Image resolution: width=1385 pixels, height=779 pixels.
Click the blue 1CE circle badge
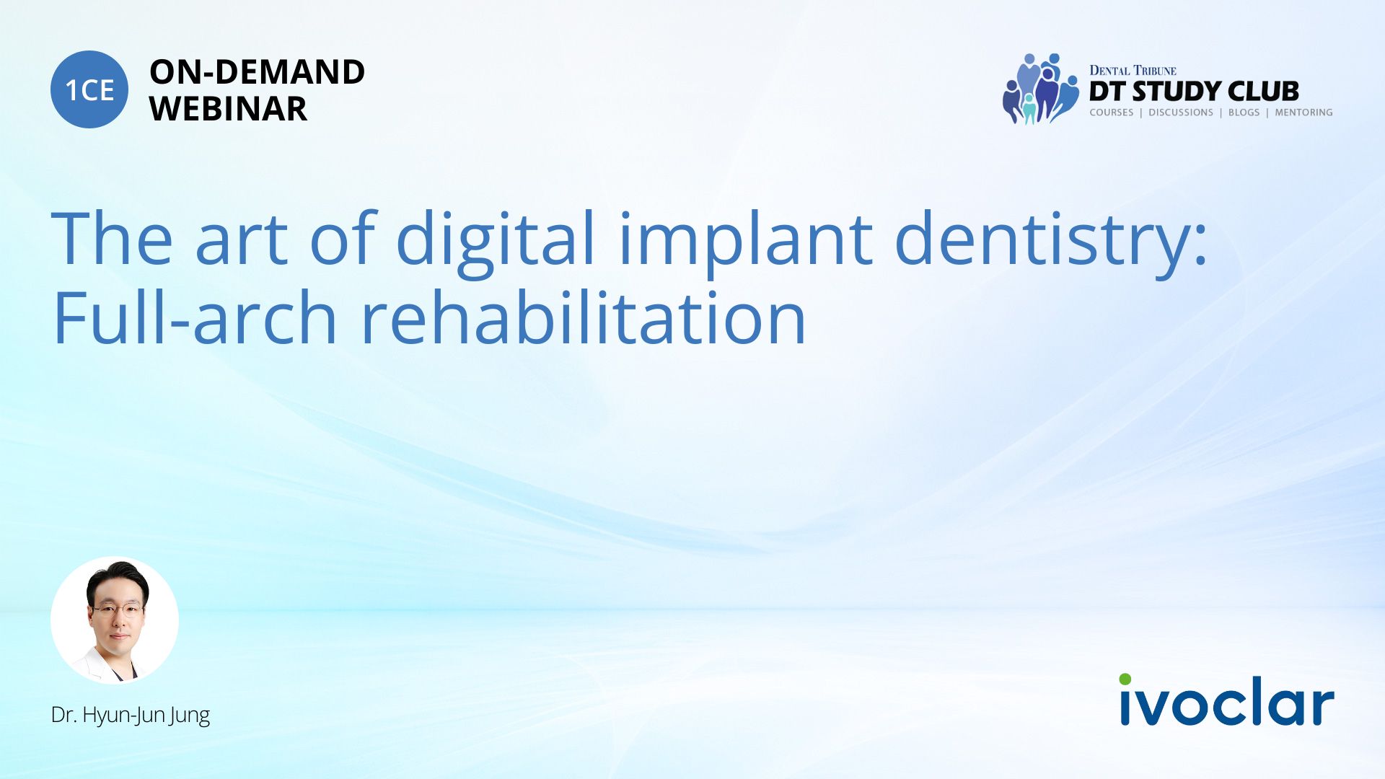89,89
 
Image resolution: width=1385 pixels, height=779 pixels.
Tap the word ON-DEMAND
257,72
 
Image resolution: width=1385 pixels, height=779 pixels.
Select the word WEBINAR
228,109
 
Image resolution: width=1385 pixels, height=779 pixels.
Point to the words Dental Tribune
1133,71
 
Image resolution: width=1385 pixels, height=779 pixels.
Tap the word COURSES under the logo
1112,113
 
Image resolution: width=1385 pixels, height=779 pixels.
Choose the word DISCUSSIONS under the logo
1181,113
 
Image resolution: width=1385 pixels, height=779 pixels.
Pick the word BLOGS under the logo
1244,113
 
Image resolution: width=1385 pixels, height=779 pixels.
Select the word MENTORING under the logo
1303,113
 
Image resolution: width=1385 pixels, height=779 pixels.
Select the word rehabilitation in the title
583,317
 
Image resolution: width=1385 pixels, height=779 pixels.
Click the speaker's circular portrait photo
115,620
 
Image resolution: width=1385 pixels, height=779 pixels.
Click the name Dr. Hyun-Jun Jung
131,715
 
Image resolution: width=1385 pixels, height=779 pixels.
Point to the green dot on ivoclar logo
1125,679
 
